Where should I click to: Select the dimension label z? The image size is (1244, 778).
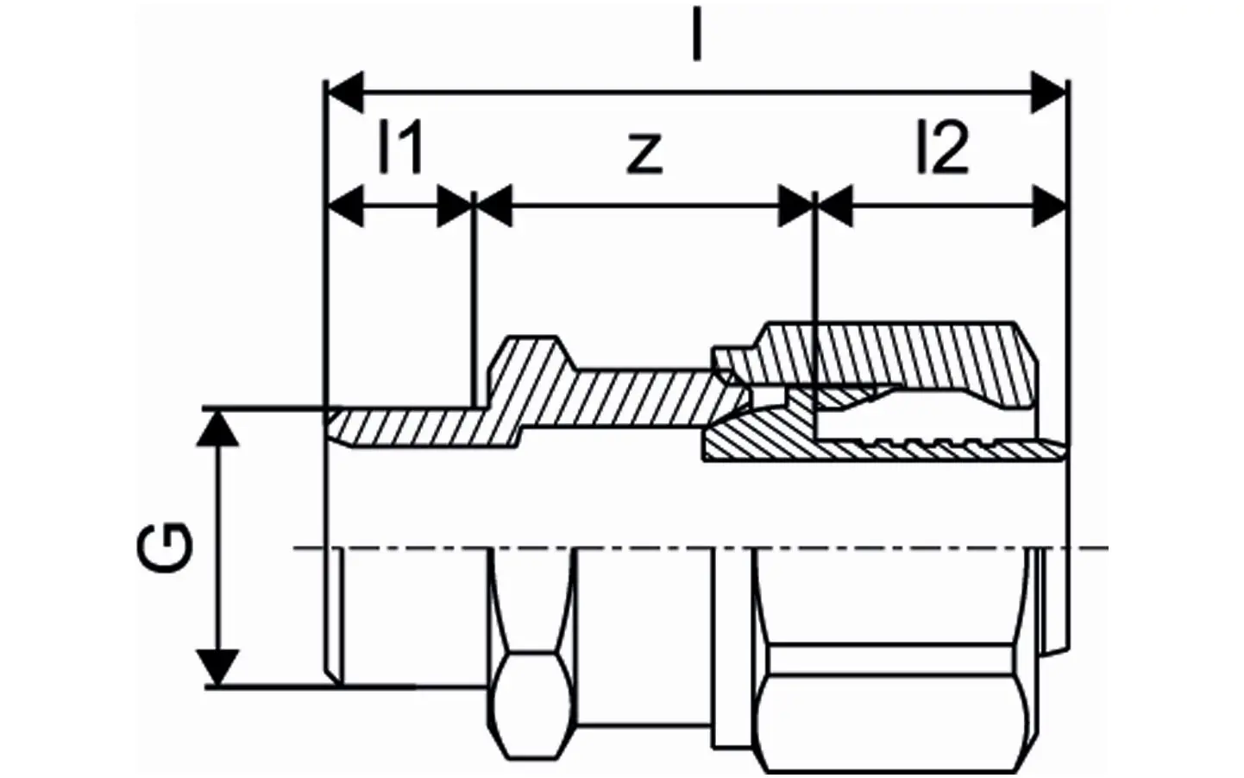pos(644,154)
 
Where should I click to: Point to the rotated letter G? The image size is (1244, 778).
pos(165,547)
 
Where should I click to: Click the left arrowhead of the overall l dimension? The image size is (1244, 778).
pos(345,92)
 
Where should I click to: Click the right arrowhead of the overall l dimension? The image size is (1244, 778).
pos(1048,92)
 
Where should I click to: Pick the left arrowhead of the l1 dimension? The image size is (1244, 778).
pos(345,206)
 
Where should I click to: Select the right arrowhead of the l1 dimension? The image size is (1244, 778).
pos(455,206)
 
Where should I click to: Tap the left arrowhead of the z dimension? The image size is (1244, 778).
pos(494,206)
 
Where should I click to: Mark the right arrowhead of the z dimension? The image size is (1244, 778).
pos(796,206)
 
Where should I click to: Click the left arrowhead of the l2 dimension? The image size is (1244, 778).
pos(835,206)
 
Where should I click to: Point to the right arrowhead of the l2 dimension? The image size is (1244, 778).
pos(1049,206)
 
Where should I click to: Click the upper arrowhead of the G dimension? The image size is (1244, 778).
pos(217,428)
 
